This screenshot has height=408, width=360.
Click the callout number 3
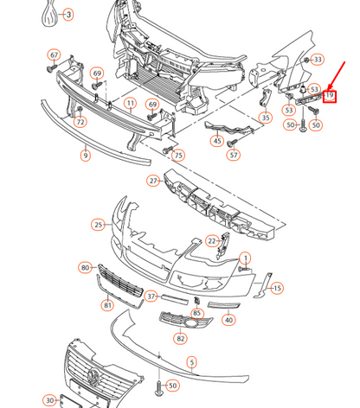68,15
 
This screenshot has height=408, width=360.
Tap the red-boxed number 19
330,96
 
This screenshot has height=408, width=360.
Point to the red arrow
337,75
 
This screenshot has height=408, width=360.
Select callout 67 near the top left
54,55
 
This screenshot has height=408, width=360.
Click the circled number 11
131,103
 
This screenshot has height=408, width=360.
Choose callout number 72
80,122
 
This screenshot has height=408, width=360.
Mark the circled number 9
86,156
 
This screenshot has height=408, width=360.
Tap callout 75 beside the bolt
178,156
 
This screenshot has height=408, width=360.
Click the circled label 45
217,141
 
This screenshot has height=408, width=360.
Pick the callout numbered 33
318,60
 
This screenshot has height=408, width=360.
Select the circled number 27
153,181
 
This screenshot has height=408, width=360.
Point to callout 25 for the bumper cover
99,225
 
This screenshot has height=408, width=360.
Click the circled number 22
212,241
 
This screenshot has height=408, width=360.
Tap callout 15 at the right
277,288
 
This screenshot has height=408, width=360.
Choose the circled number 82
180,338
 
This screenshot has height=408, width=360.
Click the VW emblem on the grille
93,377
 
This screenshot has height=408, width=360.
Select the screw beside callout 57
232,143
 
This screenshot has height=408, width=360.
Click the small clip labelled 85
196,301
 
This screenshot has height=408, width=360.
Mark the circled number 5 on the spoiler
192,362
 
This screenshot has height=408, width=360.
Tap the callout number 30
50,400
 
